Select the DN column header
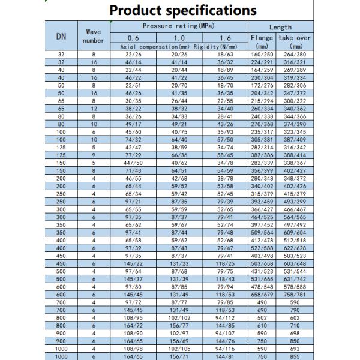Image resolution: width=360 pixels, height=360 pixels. (61, 37)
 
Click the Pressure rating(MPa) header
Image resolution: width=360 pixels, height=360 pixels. (179, 26)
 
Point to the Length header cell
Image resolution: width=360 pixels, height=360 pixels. (280, 27)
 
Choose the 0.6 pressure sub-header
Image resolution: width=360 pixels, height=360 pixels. (133, 38)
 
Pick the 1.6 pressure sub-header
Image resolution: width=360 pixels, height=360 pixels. (225, 38)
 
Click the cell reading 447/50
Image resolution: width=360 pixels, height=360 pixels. (133, 163)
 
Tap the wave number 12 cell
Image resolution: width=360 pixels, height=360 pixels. (93, 109)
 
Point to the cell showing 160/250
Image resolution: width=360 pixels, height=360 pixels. (262, 53)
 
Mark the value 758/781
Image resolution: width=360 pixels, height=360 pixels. (295, 295)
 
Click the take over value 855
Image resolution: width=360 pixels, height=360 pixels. (295, 356)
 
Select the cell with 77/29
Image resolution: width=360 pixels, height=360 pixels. (133, 155)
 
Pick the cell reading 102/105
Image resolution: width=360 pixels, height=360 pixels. (179, 348)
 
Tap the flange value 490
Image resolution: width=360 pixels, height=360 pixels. (262, 302)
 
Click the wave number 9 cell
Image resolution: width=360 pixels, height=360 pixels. (93, 155)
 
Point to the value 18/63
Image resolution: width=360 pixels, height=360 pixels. (225, 53)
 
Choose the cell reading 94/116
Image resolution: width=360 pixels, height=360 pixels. (225, 348)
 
